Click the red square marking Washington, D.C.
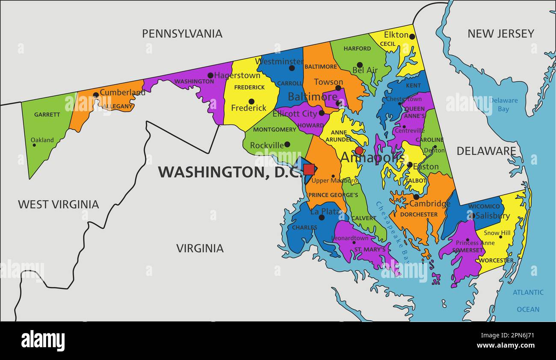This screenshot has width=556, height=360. tap(309, 169)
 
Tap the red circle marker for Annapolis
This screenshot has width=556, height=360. tap(359, 150)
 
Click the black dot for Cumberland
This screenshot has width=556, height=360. tap(96, 95)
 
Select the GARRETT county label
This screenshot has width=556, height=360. tap(47, 115)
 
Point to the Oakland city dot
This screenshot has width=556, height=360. tap(34, 145)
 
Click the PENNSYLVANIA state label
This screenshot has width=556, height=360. tap(182, 34)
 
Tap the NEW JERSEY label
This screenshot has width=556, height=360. tap(500, 34)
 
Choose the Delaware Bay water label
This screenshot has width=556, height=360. tap(503, 105)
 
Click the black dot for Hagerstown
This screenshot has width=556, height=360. tap(210, 75)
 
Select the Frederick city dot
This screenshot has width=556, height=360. tap(251, 101)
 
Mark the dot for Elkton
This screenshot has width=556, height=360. tap(412, 36)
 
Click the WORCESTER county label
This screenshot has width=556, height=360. tap(496, 260)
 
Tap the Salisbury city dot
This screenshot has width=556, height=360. tap(473, 216)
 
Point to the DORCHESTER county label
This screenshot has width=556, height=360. tap(419, 214)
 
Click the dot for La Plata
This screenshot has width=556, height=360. tap(322, 217)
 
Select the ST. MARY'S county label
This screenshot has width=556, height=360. tap(370, 249)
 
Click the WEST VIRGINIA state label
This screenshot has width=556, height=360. tap(58, 204)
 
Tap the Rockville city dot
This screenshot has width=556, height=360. tap(287, 145)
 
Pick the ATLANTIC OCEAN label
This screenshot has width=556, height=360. tap(528, 301)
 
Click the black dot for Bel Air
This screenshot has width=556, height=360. tap(360, 65)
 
